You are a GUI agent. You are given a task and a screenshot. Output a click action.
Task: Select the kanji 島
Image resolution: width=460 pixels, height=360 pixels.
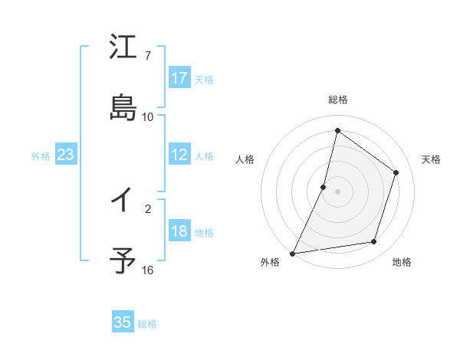click(x=123, y=107)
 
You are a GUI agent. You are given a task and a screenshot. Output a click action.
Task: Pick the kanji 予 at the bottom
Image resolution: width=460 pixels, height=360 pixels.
click(x=123, y=260)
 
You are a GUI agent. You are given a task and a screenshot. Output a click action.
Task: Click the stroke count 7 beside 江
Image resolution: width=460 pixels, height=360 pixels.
click(x=148, y=56)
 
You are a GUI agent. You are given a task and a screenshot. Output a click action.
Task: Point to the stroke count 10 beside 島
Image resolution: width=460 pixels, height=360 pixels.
click(x=148, y=117)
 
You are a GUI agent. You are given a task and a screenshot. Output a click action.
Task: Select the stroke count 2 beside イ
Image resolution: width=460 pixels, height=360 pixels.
click(x=148, y=208)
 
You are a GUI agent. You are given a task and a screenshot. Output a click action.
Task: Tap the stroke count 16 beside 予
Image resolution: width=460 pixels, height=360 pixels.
click(x=148, y=270)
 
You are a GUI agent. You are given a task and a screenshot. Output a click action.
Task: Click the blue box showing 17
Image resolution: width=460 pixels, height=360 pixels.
click(x=179, y=77)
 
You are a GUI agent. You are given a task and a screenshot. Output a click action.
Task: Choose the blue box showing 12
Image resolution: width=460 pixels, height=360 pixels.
click(x=179, y=155)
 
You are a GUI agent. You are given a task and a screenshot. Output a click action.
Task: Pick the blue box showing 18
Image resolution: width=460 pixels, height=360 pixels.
click(x=179, y=232)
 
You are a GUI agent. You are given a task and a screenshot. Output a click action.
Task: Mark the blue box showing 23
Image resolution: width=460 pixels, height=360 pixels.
click(x=66, y=155)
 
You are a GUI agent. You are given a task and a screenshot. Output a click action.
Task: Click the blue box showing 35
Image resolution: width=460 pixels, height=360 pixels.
click(x=123, y=322)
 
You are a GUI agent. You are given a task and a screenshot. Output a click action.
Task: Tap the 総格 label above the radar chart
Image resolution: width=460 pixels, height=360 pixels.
click(x=338, y=100)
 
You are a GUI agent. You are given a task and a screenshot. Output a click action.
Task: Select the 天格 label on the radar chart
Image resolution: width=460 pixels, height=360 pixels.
click(x=432, y=159)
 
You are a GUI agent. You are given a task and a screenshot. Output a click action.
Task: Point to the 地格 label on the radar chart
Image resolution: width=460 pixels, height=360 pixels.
click(x=402, y=263)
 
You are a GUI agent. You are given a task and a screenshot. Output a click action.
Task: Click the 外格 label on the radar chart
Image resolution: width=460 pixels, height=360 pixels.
click(x=270, y=263)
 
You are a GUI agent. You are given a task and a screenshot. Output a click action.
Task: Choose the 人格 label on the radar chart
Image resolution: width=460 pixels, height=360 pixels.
click(x=245, y=159)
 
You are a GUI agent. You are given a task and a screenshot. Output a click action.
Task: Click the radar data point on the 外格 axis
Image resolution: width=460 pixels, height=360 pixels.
click(x=292, y=253)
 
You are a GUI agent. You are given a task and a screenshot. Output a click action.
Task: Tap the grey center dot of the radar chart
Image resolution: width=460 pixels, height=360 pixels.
click(x=338, y=191)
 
